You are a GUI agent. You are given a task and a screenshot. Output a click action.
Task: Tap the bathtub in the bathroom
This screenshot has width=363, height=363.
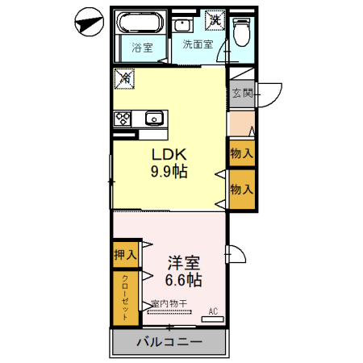[x=139, y=22]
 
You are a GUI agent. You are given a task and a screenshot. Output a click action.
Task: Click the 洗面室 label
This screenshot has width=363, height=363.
[x=197, y=44]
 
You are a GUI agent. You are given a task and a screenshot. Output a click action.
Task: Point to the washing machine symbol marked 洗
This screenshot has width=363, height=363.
[x=215, y=19]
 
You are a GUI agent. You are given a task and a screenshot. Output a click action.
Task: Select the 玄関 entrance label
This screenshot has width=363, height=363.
[x=242, y=93]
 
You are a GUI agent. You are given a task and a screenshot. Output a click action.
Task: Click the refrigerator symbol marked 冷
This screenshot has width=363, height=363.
[x=124, y=79]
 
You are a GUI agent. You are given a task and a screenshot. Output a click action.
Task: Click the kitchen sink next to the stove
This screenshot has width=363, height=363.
[x=154, y=119]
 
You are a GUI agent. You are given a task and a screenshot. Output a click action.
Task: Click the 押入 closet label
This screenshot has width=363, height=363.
[x=125, y=254]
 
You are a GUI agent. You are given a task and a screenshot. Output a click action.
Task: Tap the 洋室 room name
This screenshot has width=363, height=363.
[x=184, y=263]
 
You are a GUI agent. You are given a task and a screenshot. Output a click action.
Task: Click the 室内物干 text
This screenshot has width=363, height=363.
[x=169, y=304]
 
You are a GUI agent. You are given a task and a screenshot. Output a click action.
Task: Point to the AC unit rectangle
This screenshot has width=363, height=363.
[x=212, y=319]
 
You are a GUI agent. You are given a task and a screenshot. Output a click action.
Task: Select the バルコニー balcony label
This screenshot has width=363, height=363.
[x=169, y=343]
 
